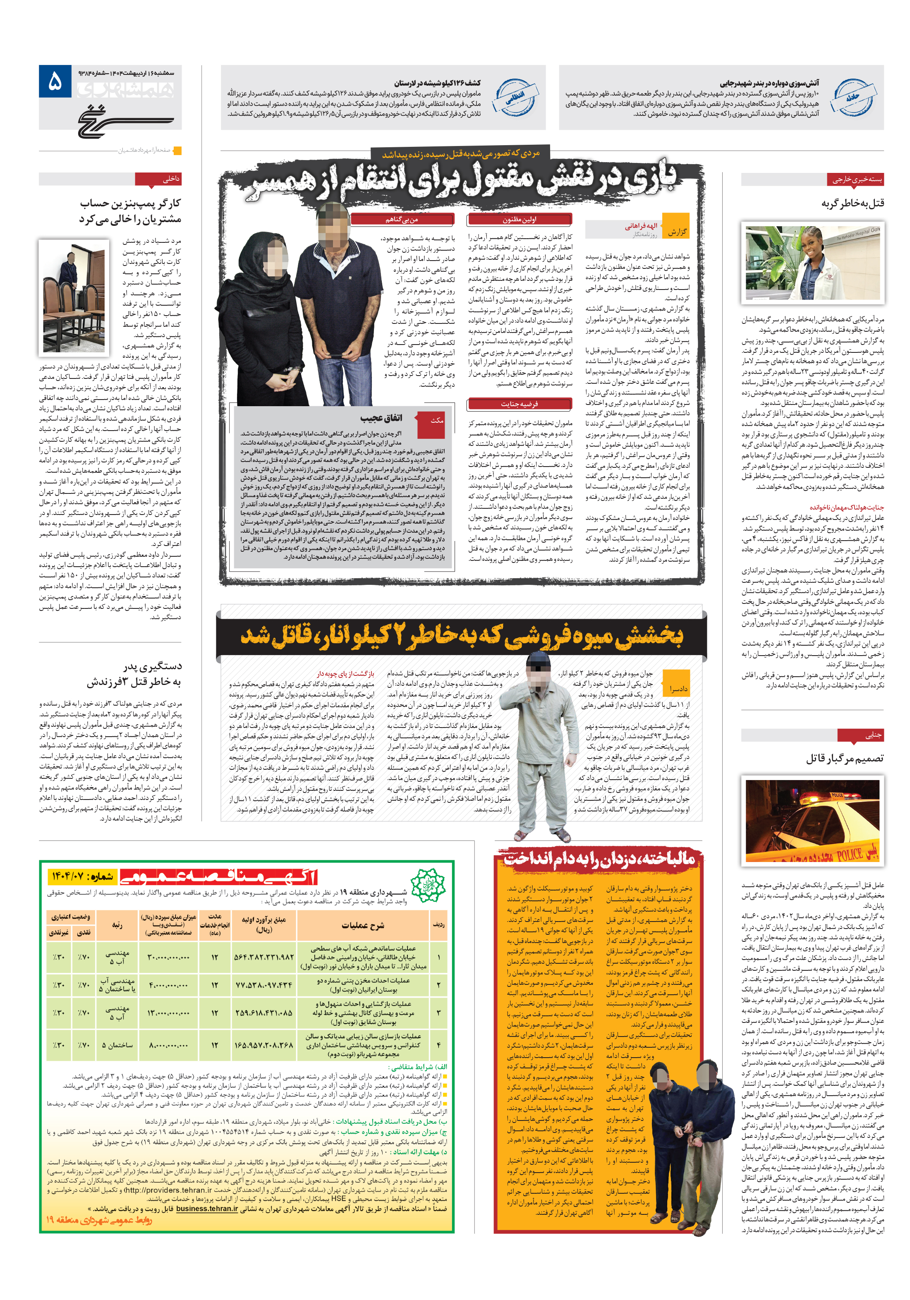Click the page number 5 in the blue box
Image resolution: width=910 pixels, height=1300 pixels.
tap(55, 83)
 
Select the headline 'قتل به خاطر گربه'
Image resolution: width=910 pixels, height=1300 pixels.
tap(852, 203)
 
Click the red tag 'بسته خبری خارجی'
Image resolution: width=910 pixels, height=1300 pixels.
tap(856, 180)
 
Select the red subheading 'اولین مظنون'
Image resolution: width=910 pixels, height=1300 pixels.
tap(519, 219)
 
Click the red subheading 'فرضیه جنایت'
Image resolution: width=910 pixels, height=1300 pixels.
tap(519, 404)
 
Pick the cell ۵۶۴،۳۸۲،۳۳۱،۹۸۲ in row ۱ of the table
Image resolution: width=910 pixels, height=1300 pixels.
tap(264, 957)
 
